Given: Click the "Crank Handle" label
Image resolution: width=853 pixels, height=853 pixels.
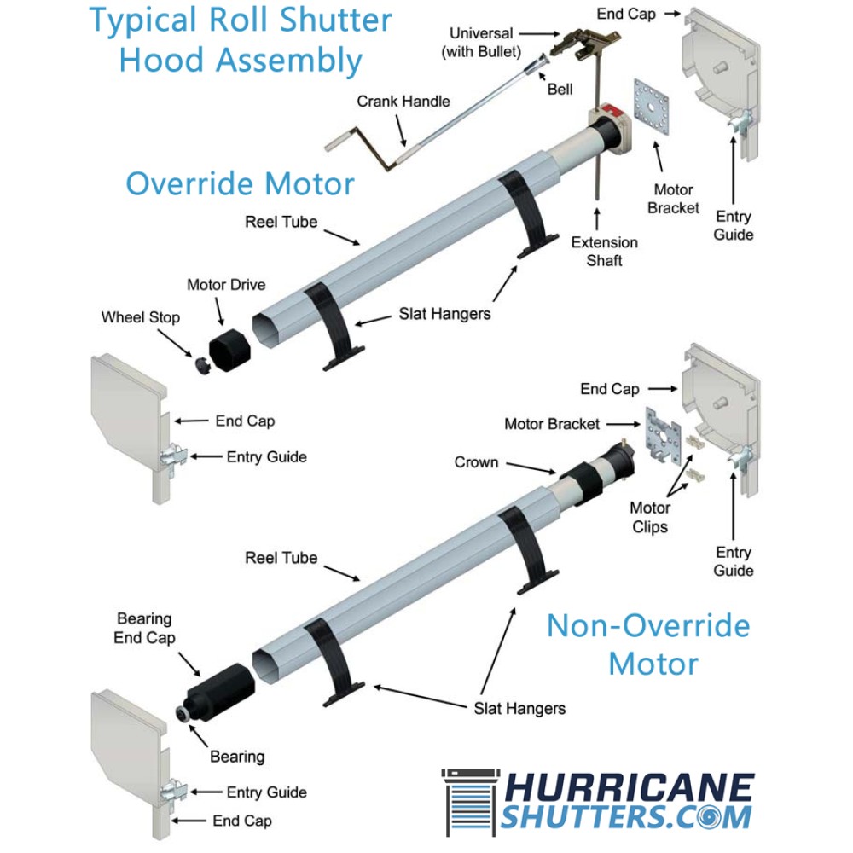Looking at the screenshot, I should coord(403,102).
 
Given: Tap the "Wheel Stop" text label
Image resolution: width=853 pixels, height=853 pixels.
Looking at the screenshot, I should coord(141,317).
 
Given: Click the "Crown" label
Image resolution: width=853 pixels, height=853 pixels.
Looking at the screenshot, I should coord(476,462).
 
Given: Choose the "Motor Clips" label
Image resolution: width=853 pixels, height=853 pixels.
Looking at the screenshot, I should coord(650,518).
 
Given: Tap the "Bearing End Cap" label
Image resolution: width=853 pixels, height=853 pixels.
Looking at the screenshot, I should coord(144,629).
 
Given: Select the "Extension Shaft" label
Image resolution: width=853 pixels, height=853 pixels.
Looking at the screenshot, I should coord(604,252).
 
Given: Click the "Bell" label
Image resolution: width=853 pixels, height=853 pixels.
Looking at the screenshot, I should coord(560,89).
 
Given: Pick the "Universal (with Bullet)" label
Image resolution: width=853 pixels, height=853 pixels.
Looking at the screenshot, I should coord(481,43).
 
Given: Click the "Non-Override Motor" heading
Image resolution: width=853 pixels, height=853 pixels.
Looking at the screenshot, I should coord(648,644).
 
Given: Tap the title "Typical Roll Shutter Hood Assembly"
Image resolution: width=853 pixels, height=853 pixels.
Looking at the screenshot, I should coord(241,40).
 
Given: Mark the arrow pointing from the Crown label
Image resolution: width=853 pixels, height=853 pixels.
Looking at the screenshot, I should coord(530,467).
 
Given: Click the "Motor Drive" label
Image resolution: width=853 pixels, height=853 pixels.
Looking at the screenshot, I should coord(226,285).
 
